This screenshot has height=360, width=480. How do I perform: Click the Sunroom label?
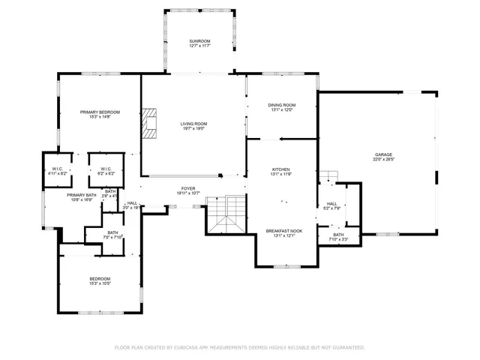coord(199,41)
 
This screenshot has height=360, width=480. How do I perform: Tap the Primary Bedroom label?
coord(100,112)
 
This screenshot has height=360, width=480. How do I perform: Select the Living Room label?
coord(193,124)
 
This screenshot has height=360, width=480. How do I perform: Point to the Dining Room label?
coord(282,105)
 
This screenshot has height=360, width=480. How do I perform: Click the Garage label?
coord(383,154)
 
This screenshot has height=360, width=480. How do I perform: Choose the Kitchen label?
coord(281,169)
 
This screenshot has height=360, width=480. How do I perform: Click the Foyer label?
coord(187,188)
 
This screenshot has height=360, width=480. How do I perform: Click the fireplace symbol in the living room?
coord(152,124)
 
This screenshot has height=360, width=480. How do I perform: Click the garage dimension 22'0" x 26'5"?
coord(383,160)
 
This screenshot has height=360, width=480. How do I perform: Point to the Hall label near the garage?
coord(331,203)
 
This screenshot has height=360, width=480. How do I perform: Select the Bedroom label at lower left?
coord(100,278)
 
